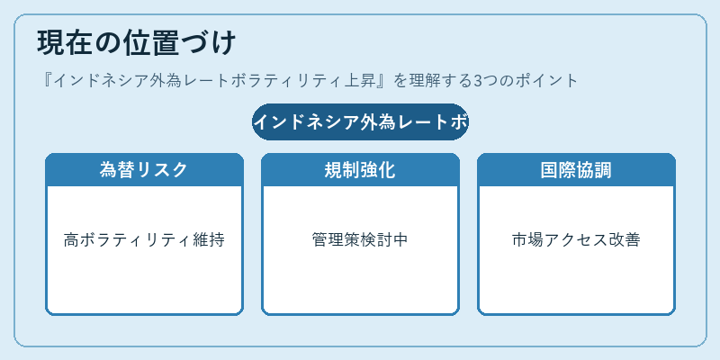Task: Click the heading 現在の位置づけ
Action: tap(137, 43)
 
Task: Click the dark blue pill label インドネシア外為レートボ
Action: tap(361, 122)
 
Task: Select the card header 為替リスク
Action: tap(144, 170)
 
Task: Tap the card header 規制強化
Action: tap(361, 170)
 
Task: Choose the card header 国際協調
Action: tap(576, 170)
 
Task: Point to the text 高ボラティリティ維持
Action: tap(144, 239)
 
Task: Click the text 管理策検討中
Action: tap(361, 239)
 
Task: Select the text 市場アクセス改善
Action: tap(576, 239)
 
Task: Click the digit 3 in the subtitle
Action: tap(478, 81)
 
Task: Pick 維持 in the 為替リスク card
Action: tap(209, 239)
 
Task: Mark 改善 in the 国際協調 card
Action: tap(625, 239)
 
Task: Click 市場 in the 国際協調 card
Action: tap(528, 239)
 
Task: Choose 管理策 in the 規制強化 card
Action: tap(336, 239)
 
